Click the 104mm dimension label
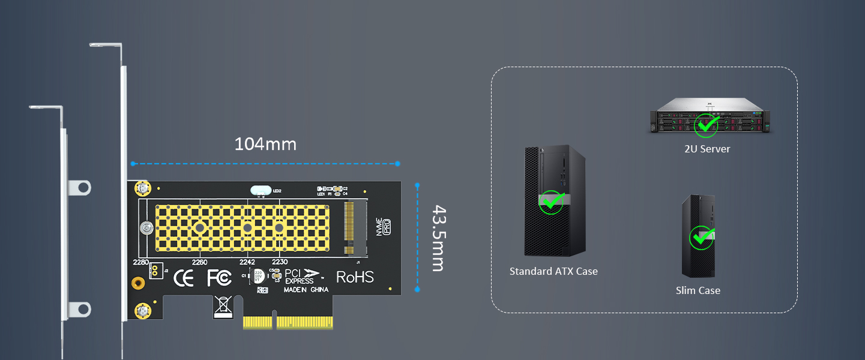point(265,145)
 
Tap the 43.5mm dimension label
point(439,238)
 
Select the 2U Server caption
point(707,149)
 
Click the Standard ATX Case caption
point(553,271)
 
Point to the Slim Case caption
point(698,290)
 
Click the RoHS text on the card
point(355,277)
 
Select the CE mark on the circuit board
point(183,278)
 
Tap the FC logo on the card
point(219,278)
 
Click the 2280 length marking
point(140,262)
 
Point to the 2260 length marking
point(199,262)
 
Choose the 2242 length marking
point(247,262)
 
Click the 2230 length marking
point(280,262)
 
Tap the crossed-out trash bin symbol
point(222,306)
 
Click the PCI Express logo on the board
point(303,277)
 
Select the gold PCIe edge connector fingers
point(288,322)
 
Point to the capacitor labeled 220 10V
point(258,277)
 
